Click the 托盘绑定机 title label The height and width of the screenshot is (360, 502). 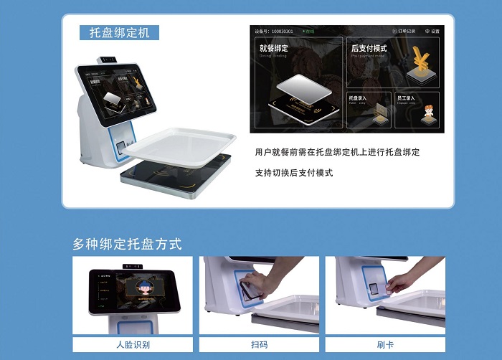[119, 33]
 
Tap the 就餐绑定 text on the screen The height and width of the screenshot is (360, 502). [273, 49]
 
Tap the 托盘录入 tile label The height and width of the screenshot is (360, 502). [357, 98]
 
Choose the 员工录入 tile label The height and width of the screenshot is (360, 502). [405, 98]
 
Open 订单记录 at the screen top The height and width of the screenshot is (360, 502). [404, 32]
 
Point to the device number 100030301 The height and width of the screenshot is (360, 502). [281, 32]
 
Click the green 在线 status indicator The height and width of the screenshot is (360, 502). [309, 32]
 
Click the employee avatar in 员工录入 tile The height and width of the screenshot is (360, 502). [425, 113]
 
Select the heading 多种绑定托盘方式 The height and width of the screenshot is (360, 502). [127, 244]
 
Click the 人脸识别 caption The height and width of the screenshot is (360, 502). [133, 344]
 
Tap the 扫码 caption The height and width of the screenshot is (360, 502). [259, 344]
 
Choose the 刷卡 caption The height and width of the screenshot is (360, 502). [385, 344]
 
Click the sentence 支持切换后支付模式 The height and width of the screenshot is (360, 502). [294, 173]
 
